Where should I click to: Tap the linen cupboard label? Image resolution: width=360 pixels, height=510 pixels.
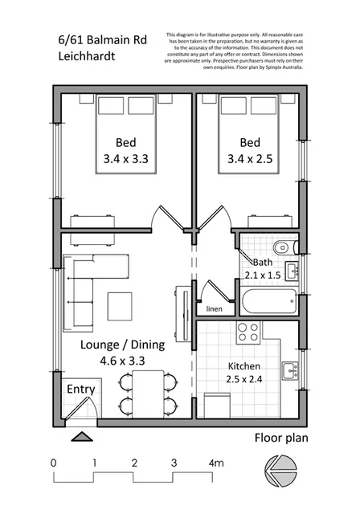tap(214, 309)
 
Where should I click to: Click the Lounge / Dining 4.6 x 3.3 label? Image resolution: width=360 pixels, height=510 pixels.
tap(123, 353)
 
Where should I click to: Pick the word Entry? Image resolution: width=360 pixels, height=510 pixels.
tap(80, 390)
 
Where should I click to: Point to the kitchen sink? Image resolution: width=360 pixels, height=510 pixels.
tap(289, 371)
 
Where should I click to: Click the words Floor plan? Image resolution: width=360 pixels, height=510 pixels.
tap(281, 439)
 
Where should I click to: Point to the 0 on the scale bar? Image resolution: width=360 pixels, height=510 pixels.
tap(53, 463)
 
